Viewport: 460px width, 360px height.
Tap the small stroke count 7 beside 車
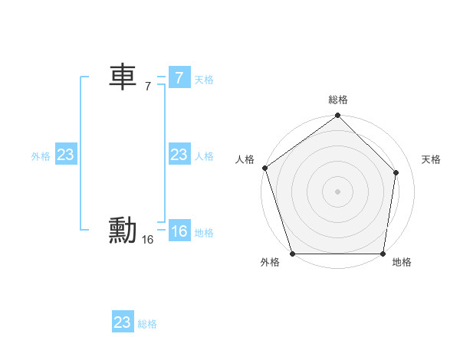coord(148,87)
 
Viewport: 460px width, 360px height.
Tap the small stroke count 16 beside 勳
coord(148,240)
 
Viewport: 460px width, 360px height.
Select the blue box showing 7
coord(179,77)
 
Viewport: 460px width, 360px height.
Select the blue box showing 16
coord(179,231)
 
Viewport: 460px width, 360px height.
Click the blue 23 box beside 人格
coord(179,155)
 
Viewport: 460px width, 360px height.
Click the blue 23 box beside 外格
coord(65,155)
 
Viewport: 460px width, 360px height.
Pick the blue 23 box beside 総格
coord(123,322)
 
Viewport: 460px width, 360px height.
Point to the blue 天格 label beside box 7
coord(204,80)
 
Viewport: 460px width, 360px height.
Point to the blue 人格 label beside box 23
coord(204,156)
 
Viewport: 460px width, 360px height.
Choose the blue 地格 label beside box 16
coord(204,233)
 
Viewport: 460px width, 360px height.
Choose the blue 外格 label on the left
coord(41,156)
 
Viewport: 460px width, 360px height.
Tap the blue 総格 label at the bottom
coord(147,324)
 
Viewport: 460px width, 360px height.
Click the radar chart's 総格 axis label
coord(338,100)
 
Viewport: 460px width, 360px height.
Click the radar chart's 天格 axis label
coord(431,159)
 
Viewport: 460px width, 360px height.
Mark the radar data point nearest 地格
coord(383,254)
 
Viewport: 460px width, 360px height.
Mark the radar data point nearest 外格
coord(293,254)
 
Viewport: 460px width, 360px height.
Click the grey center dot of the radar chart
coord(337,191)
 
